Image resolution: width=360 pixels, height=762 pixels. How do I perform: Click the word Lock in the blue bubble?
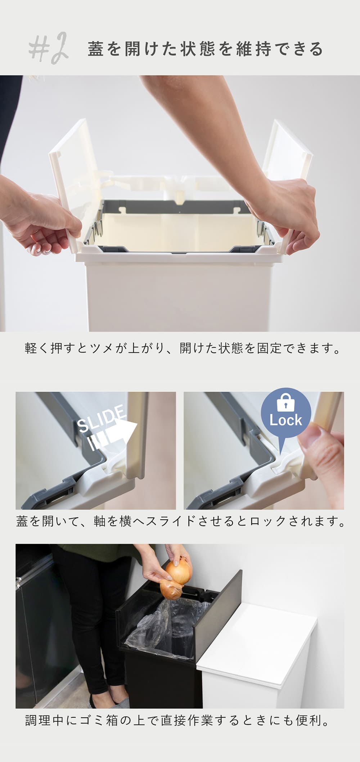pyautogui.click(x=286, y=420)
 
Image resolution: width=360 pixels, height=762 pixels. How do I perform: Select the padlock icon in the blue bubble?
pyautogui.click(x=286, y=403)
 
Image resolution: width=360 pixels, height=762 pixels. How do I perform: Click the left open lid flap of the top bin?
pyautogui.click(x=68, y=184)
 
